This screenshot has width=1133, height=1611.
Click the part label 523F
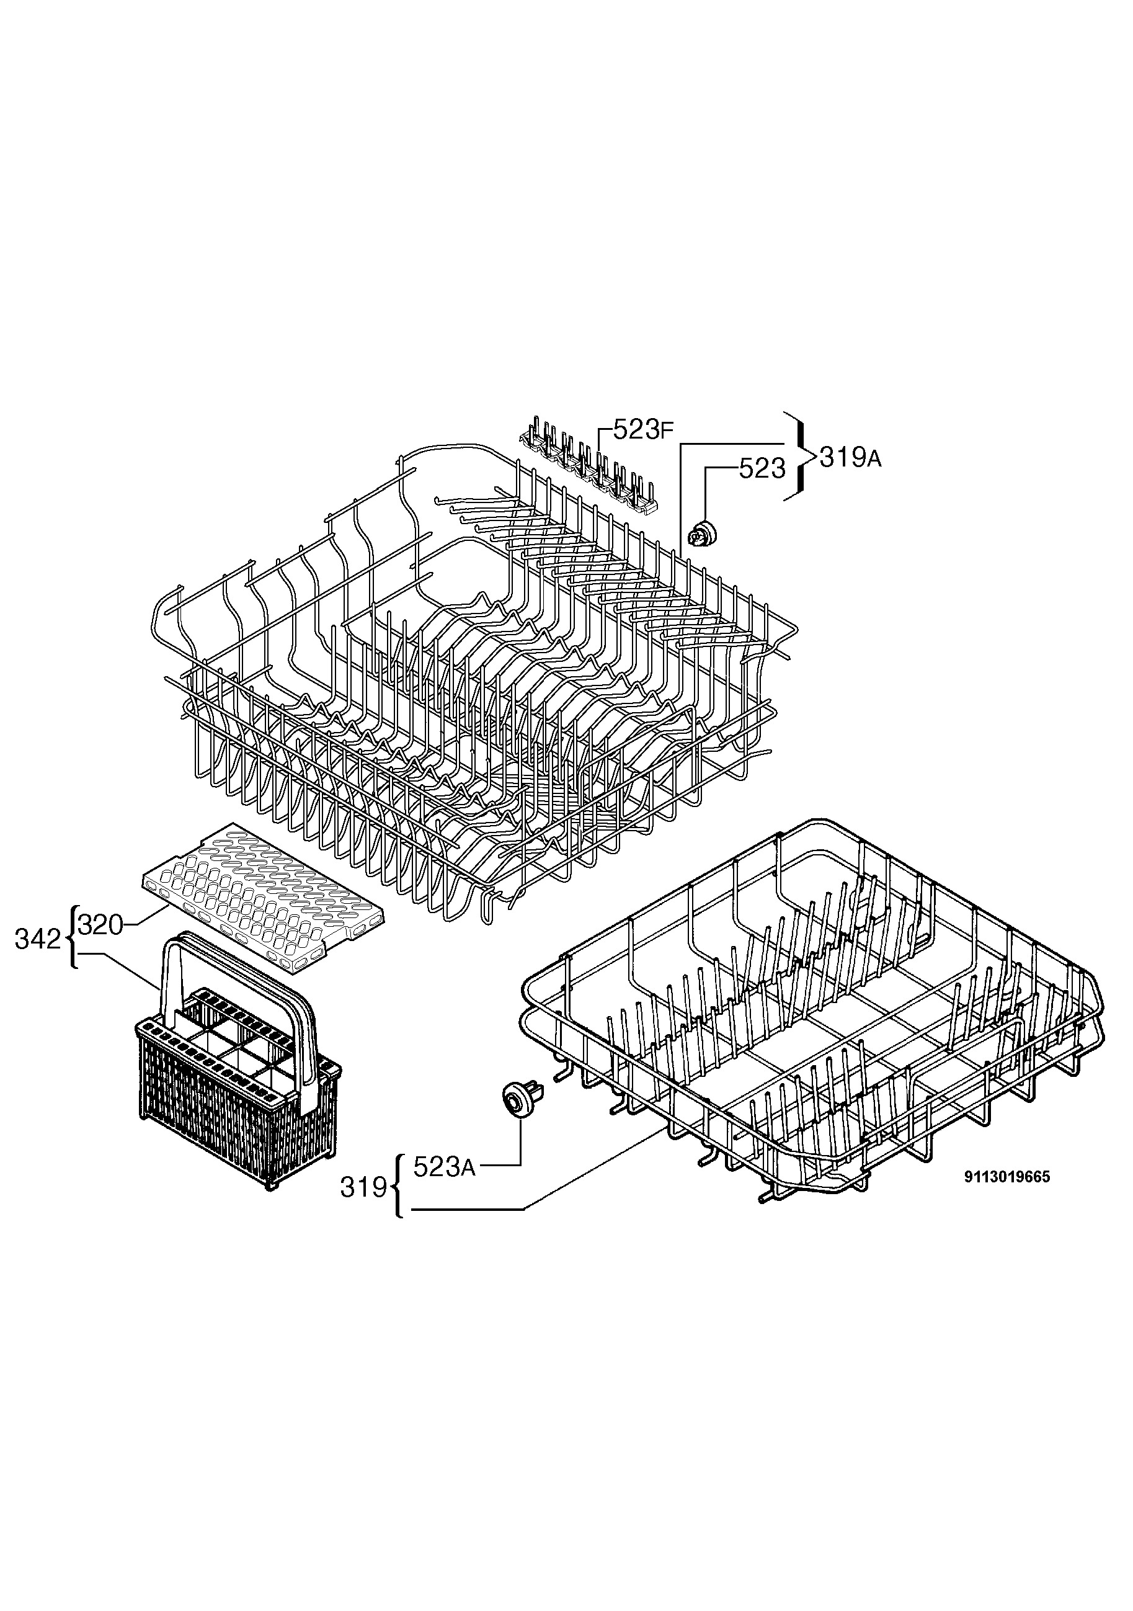click(643, 429)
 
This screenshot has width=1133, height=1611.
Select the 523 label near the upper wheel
click(762, 469)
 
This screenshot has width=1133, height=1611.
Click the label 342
click(38, 940)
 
